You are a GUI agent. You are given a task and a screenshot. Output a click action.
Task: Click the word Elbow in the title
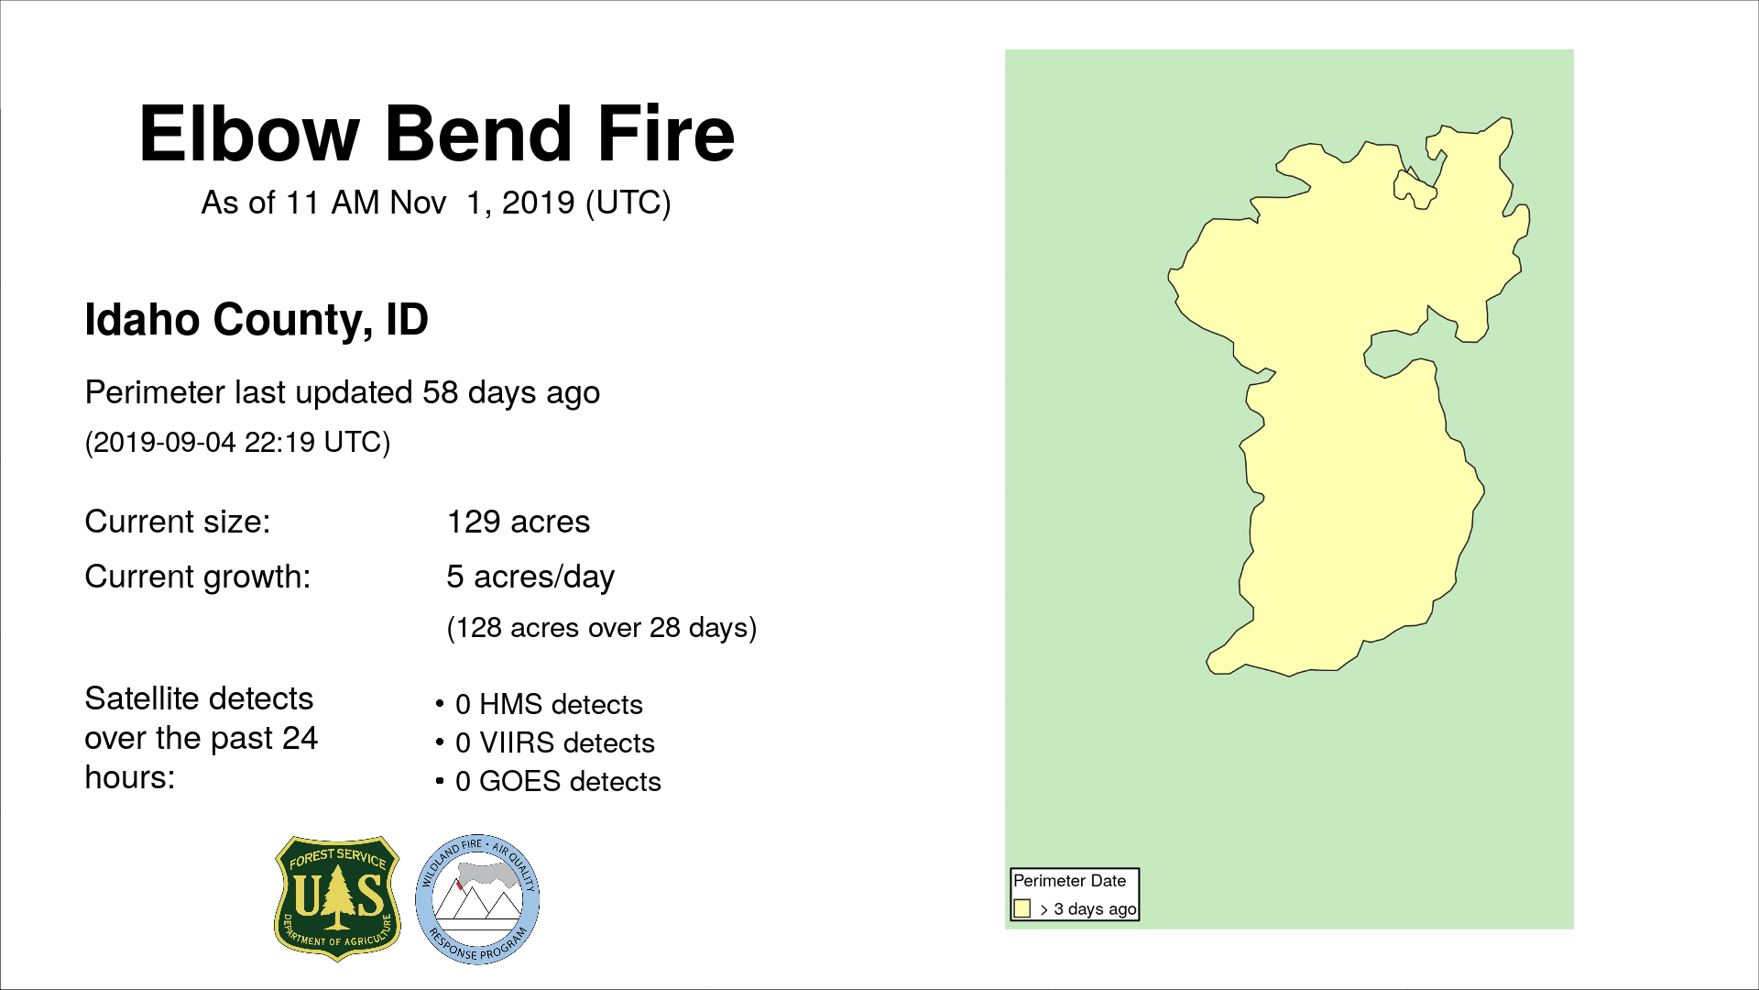[249, 134]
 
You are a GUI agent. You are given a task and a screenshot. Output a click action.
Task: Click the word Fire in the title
[666, 134]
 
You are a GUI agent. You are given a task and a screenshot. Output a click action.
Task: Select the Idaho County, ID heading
[257, 320]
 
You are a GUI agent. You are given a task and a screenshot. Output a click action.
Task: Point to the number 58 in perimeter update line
[441, 392]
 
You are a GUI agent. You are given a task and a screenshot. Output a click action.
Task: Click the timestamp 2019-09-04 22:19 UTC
[237, 443]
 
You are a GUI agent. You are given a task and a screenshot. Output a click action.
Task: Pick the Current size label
[178, 522]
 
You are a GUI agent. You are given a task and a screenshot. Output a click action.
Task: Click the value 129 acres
[519, 522]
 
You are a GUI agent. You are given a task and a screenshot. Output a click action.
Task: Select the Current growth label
[198, 577]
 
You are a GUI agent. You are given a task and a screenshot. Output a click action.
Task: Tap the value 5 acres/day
[530, 577]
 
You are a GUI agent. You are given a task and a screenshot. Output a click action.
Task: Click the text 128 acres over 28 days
[602, 628]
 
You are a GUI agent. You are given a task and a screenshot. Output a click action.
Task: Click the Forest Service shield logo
[338, 898]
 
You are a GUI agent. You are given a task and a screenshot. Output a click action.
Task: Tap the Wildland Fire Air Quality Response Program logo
[477, 899]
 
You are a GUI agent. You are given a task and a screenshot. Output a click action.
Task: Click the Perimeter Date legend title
[1069, 881]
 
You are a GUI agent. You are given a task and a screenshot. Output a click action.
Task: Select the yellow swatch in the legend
[1022, 908]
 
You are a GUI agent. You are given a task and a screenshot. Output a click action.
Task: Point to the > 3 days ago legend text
[1088, 909]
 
